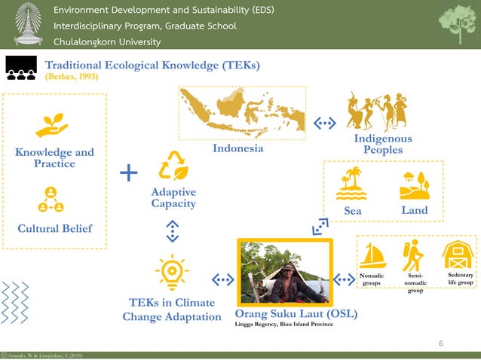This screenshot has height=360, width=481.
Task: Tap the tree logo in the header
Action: point(458,24)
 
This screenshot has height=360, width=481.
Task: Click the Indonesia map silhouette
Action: point(241,113)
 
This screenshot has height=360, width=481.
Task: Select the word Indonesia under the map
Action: point(238,148)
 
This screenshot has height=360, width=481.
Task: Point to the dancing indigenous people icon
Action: point(381,112)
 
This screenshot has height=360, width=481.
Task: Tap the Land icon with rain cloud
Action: point(415,183)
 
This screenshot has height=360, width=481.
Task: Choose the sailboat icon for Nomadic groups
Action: point(372,256)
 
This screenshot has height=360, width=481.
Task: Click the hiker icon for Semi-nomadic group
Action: point(412,256)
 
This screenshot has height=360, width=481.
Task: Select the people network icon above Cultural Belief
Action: point(51,200)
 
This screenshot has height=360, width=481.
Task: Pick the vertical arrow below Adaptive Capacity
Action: point(173,231)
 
